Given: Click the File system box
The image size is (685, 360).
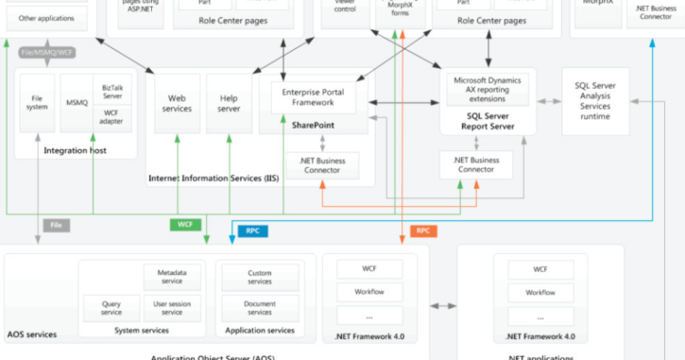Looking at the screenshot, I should pyautogui.click(x=39, y=101).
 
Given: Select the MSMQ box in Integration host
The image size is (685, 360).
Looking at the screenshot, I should pyautogui.click(x=76, y=101).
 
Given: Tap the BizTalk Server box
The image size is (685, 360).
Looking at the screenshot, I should pyautogui.click(x=111, y=92).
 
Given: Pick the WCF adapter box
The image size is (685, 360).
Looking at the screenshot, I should pyautogui.click(x=111, y=117).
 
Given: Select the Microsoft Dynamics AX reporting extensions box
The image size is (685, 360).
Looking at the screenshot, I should pyautogui.click(x=488, y=89).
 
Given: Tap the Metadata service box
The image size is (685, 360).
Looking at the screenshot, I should pyautogui.click(x=172, y=276).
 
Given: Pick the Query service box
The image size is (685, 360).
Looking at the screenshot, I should pyautogui.click(x=111, y=308).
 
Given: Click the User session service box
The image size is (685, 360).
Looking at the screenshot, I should pyautogui.click(x=172, y=308).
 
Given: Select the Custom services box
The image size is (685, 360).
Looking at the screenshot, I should pyautogui.click(x=259, y=276).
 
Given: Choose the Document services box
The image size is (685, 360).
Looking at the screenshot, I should pyautogui.click(x=259, y=308).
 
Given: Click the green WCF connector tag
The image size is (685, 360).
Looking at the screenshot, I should pyautogui.click(x=184, y=225).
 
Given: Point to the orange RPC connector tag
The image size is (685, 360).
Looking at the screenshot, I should pyautogui.click(x=423, y=230).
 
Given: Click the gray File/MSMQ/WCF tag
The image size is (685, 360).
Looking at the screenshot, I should pyautogui.click(x=46, y=52).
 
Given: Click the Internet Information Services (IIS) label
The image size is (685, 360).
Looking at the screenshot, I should pyautogui.click(x=213, y=178).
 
